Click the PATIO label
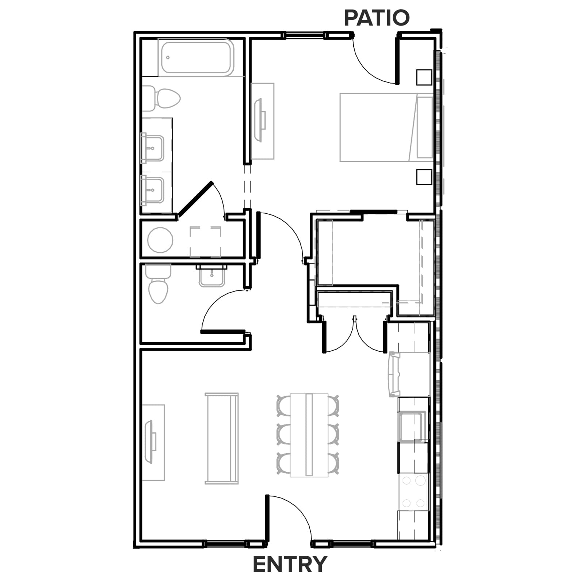(x=377, y=18)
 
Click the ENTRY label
(x=290, y=564)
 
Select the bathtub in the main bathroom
(x=196, y=57)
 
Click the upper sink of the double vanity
(x=153, y=148)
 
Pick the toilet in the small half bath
(x=158, y=285)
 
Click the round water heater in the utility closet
(x=160, y=240)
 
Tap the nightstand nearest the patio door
(x=424, y=77)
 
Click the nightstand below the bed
(x=424, y=177)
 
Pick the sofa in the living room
(x=222, y=438)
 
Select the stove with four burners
(x=414, y=492)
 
